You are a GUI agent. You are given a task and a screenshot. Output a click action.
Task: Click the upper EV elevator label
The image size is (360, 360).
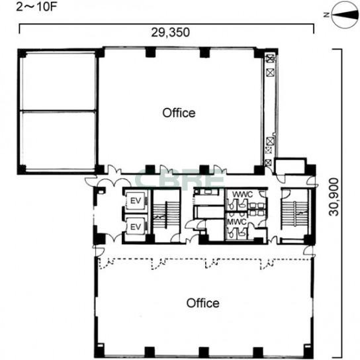[136, 201]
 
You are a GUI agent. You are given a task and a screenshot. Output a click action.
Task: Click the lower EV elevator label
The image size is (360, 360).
[136, 227]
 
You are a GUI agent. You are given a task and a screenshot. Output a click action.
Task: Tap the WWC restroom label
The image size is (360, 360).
[242, 195]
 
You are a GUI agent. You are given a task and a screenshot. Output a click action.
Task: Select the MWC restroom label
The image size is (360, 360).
[237, 222]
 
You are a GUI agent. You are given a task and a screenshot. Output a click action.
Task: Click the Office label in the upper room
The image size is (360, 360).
[179, 113]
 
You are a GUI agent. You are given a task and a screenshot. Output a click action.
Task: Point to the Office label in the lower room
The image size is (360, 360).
[202, 303]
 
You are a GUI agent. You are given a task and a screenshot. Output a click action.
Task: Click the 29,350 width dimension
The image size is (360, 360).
[170, 32]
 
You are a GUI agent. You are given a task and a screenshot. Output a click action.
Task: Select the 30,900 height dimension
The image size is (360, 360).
[334, 197]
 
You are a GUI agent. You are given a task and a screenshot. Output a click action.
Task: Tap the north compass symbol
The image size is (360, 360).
[345, 15]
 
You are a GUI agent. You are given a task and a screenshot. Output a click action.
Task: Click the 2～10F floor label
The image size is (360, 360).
[36, 7]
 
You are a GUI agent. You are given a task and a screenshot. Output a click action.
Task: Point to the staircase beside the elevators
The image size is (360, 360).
[167, 215]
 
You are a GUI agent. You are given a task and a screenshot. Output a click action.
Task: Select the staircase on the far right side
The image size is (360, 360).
[295, 214]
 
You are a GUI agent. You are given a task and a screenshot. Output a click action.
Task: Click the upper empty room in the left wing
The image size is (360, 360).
[59, 81]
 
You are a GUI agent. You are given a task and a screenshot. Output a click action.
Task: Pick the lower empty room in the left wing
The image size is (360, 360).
[59, 141]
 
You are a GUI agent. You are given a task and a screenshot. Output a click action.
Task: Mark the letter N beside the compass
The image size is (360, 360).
[327, 15]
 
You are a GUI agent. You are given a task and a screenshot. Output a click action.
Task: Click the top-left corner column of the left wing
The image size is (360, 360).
[22, 54]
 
